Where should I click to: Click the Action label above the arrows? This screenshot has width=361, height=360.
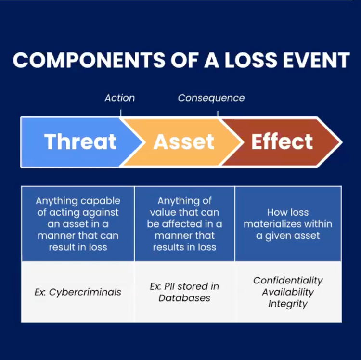pos(120,98)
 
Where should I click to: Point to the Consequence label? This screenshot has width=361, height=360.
pos(211,98)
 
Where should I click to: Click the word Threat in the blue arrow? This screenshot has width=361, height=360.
pos(80,141)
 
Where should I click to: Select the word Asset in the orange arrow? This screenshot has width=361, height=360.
pos(183,141)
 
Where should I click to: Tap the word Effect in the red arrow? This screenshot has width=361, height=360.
pos(282,141)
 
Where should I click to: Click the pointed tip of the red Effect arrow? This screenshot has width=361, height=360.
pos(341,142)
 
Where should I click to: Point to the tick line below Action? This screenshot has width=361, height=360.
pos(120,113)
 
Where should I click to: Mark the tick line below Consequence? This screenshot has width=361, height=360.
pos(218,113)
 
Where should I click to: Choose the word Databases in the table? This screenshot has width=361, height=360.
pos(184,298)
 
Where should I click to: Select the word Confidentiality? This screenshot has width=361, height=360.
pos(288,280)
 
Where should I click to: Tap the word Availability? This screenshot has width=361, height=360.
pos(288,292)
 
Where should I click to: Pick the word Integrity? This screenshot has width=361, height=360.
pos(288,304)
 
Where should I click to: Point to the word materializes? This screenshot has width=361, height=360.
pos(273,224)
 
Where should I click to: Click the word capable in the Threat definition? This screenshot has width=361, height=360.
pos(101,201)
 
